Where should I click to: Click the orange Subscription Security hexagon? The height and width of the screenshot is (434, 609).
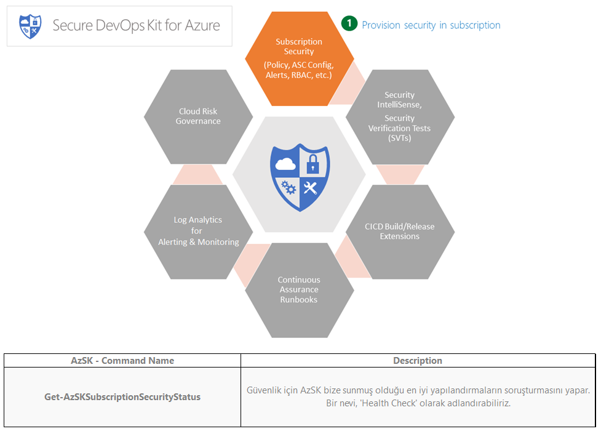pos(299,58)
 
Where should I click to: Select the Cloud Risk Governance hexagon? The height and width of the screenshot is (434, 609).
pos(198,116)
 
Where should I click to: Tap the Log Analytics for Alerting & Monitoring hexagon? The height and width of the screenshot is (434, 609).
pos(198,231)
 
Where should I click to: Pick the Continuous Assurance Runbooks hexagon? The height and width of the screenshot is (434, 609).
pos(299,290)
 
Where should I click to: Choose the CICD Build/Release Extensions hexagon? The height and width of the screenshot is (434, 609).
pos(400,231)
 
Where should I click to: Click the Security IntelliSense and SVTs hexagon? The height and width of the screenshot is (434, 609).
pos(400,116)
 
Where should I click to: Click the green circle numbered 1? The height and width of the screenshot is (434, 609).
pos(349,23)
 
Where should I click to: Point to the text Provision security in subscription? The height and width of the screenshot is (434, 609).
pos(431,25)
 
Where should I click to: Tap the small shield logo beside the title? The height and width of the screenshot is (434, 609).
pos(30,26)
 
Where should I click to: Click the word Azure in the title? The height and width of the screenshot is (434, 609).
pos(202,26)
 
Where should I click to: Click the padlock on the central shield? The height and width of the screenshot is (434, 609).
pos(312,163)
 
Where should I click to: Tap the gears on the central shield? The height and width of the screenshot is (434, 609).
pos(288,187)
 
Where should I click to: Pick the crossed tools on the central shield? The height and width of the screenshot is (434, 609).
pos(310,188)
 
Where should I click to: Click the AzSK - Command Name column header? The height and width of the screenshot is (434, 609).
pos(122,361)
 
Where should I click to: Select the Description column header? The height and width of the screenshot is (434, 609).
pos(418,361)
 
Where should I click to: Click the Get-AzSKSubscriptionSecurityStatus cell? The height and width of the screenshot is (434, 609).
pos(122,396)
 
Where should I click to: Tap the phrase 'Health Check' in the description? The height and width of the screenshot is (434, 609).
pos(389,403)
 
